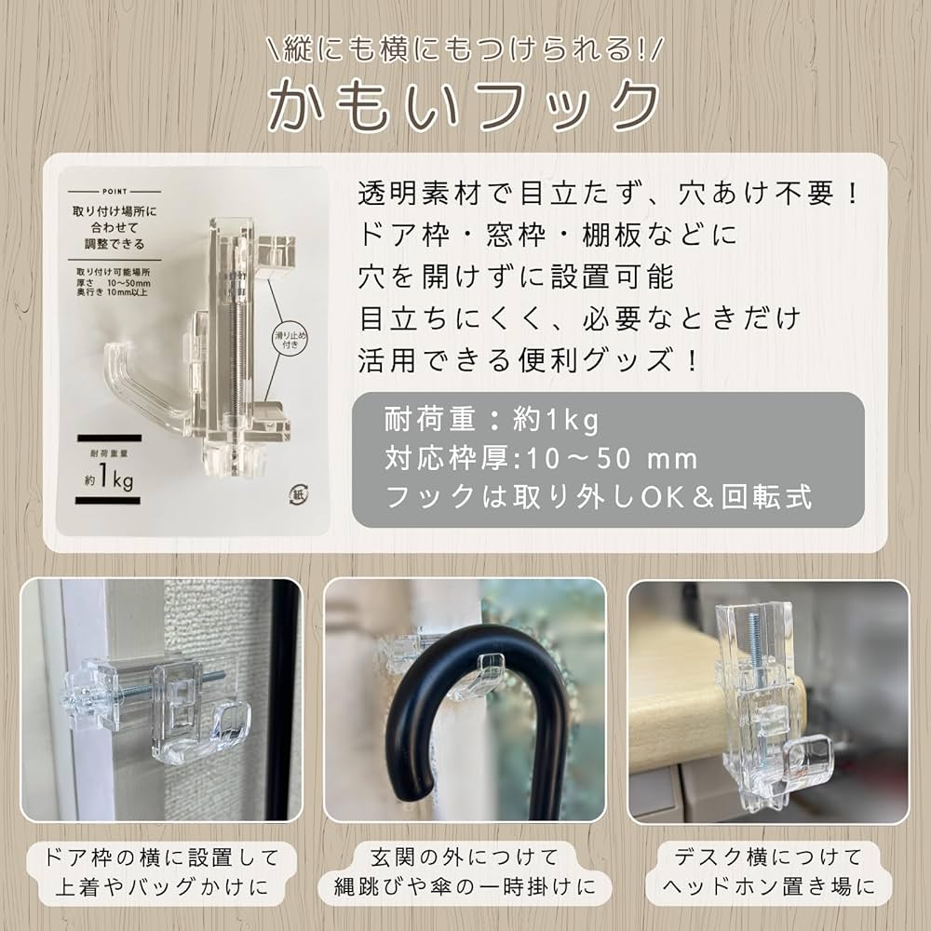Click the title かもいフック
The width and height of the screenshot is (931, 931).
click(x=463, y=105)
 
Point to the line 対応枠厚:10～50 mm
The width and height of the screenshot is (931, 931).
click(x=541, y=458)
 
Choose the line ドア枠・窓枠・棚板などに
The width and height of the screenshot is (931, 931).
click(x=546, y=235)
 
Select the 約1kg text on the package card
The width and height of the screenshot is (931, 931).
click(x=109, y=479)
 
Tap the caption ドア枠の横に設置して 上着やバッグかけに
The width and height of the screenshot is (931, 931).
click(x=161, y=871)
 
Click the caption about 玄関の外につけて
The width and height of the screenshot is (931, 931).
click(x=464, y=871)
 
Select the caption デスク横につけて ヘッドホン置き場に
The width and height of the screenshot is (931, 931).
click(x=768, y=871)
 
